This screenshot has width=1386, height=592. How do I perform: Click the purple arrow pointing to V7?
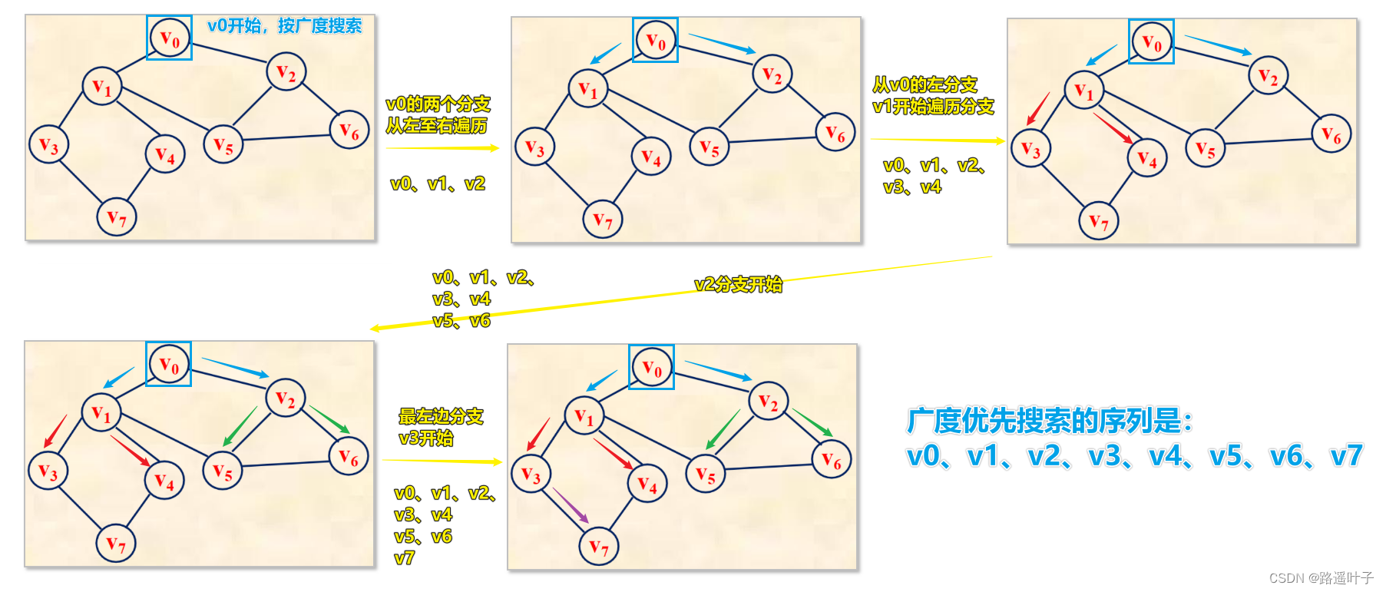coord(571,505)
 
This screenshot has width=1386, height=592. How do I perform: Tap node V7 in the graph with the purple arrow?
coord(599,546)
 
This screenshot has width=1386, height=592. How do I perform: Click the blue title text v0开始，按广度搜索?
coord(284,25)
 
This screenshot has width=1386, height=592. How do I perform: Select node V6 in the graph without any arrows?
coord(349,131)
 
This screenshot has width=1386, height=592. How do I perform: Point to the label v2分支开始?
coord(738,284)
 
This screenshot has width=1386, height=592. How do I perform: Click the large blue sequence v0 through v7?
coord(1134,456)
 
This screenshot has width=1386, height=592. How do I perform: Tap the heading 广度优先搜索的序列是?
coord(1050,420)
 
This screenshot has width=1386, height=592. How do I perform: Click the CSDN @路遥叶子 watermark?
coord(1321,577)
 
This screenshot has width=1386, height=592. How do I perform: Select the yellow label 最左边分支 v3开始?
coord(440,427)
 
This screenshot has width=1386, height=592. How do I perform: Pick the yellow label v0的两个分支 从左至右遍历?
coord(438,114)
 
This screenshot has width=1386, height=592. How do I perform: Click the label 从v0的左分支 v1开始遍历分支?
coord(933,95)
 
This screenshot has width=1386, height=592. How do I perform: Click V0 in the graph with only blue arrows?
coord(655,40)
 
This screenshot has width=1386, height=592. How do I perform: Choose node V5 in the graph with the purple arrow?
coord(706,475)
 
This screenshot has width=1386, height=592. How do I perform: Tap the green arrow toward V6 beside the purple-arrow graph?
coord(812,422)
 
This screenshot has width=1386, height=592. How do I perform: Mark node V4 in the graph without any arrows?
coord(165,154)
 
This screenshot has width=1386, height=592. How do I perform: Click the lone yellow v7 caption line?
coord(404,558)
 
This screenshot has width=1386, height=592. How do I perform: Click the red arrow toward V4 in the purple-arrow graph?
coord(613,453)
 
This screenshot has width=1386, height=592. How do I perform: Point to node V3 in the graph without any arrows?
coord(48,144)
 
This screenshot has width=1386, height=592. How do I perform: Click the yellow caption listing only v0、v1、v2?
coord(438,184)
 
